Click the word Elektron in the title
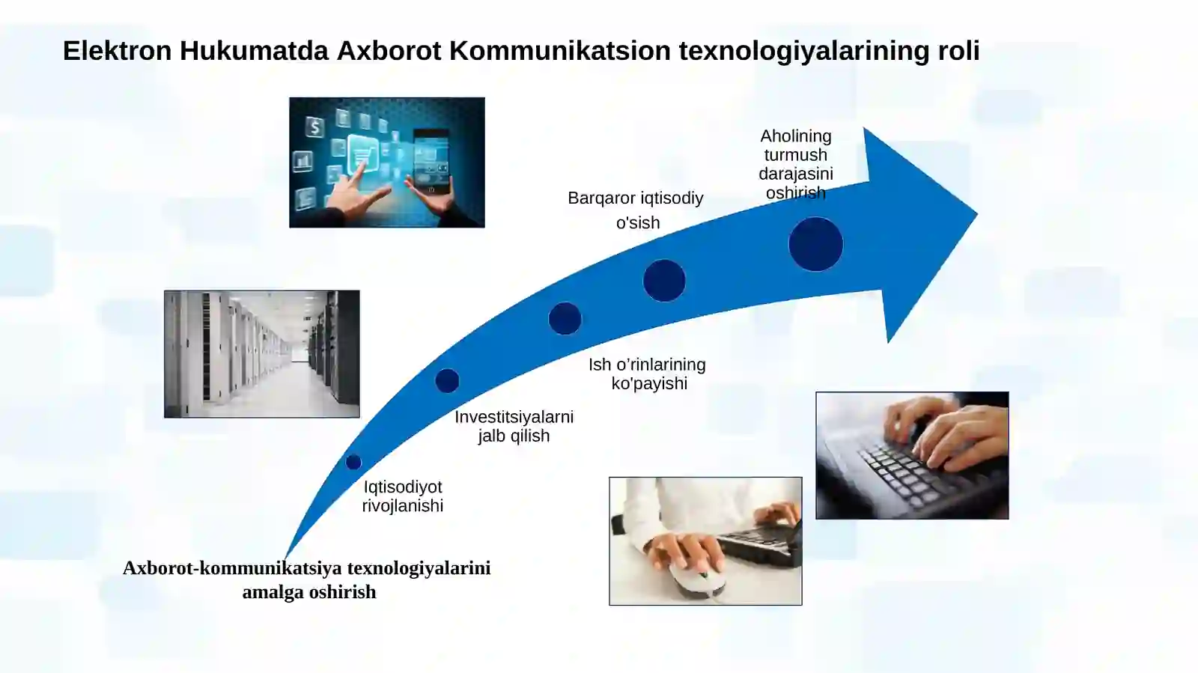point(117,51)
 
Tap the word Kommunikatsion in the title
point(559,51)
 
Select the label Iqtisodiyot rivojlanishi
point(403,496)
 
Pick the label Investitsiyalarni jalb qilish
point(514,426)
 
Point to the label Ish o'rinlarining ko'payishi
point(648,374)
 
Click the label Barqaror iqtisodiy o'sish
point(636,210)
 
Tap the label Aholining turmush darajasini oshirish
point(795,164)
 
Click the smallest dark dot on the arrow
point(353,462)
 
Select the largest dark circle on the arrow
point(815,244)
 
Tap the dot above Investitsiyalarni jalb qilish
point(447,380)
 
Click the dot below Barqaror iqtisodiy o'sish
point(664,281)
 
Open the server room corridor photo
point(262,354)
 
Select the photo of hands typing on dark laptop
point(912,455)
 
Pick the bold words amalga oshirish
point(309,592)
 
